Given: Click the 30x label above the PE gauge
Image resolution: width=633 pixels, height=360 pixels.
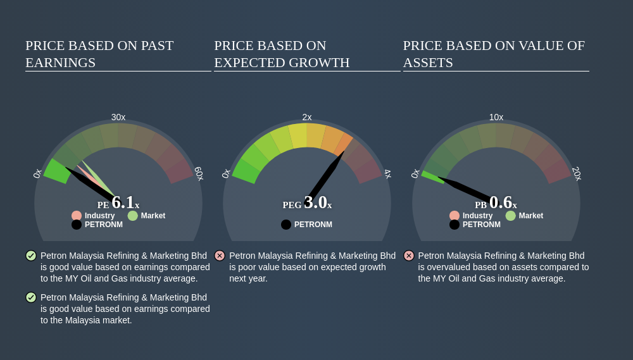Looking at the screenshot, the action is coord(118,118).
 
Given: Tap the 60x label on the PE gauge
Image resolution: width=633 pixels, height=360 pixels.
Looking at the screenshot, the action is coord(199,173).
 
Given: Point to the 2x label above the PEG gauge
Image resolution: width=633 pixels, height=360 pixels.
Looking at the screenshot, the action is coord(307,118).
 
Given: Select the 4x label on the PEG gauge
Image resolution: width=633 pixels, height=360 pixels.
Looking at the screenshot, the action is coord(387,174).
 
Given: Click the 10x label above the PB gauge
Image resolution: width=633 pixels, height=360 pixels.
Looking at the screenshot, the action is coord(496,118).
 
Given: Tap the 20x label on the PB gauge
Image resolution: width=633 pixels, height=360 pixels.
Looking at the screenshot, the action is coord(577,173).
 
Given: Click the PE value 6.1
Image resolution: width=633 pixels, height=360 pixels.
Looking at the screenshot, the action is coord(123,202).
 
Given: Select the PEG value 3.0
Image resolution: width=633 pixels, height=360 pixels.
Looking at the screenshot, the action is coord(315,202).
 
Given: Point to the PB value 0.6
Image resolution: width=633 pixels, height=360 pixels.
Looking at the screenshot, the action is coord(501,202).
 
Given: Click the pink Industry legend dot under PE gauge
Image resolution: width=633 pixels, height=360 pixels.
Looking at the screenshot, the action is coord(77,216).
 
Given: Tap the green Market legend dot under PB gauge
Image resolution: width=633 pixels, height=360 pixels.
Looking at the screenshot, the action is coord(511,216).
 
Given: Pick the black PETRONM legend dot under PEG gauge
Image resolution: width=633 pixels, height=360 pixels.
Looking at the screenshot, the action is coord(286,225).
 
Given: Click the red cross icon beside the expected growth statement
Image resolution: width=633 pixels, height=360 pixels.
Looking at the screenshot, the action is coord(220,256).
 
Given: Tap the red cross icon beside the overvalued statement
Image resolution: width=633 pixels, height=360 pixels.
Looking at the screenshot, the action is coord(408,256).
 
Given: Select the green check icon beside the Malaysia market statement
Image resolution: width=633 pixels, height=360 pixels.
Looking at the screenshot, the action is coord(31,297).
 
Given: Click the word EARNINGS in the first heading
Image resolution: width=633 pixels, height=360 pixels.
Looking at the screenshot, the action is coord(61,63).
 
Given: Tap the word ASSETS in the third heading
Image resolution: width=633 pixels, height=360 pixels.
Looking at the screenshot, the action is coord(428,63).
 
